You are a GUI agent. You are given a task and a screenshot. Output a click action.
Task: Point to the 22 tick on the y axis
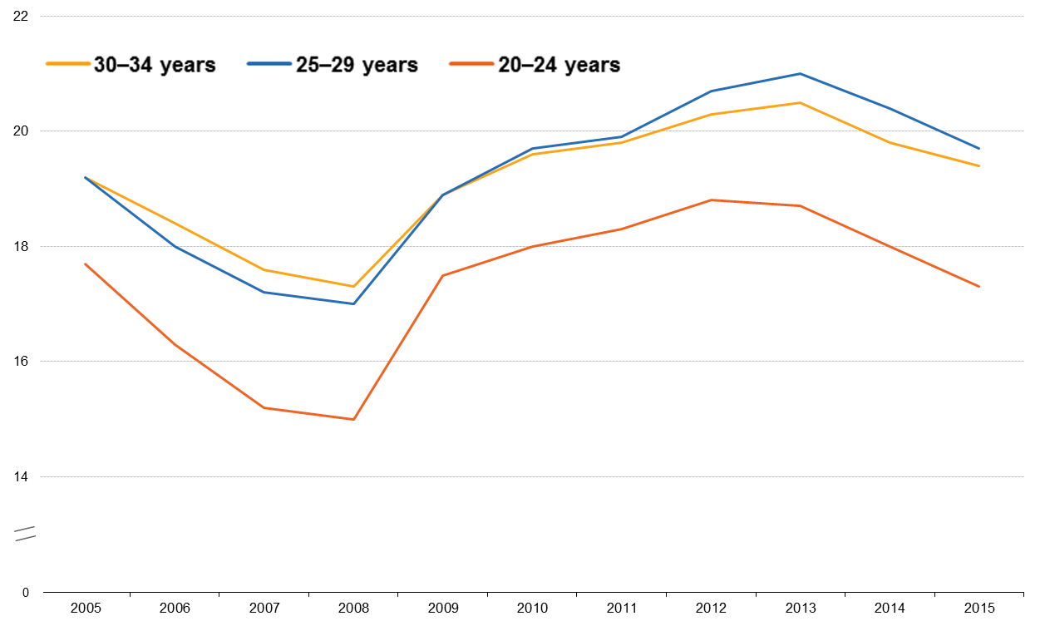[22, 16]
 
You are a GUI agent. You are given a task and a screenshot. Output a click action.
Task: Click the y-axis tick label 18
[22, 247]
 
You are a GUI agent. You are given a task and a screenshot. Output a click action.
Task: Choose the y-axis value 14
[22, 477]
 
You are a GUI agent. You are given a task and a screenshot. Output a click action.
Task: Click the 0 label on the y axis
[26, 593]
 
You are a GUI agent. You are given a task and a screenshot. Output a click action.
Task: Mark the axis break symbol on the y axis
[25, 534]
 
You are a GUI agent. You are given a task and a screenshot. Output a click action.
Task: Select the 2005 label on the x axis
[86, 609]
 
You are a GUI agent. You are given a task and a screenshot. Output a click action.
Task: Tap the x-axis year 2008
[353, 609]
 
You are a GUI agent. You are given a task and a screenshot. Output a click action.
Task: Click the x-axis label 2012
[711, 609]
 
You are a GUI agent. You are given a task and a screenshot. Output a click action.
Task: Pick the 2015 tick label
[978, 609]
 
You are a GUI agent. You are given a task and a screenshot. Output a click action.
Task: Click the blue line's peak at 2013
[800, 74]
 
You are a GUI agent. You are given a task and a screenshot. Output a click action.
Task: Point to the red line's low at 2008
[353, 420]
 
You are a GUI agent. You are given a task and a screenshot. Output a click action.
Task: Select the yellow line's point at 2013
[800, 103]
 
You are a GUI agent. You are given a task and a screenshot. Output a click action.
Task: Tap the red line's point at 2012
[711, 200]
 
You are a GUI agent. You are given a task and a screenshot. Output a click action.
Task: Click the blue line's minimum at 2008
[353, 304]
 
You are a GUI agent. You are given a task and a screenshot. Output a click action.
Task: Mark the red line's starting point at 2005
[86, 264]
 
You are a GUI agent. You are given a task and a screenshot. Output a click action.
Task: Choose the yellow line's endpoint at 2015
[978, 166]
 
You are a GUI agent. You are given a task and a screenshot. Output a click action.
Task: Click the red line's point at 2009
[443, 275]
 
